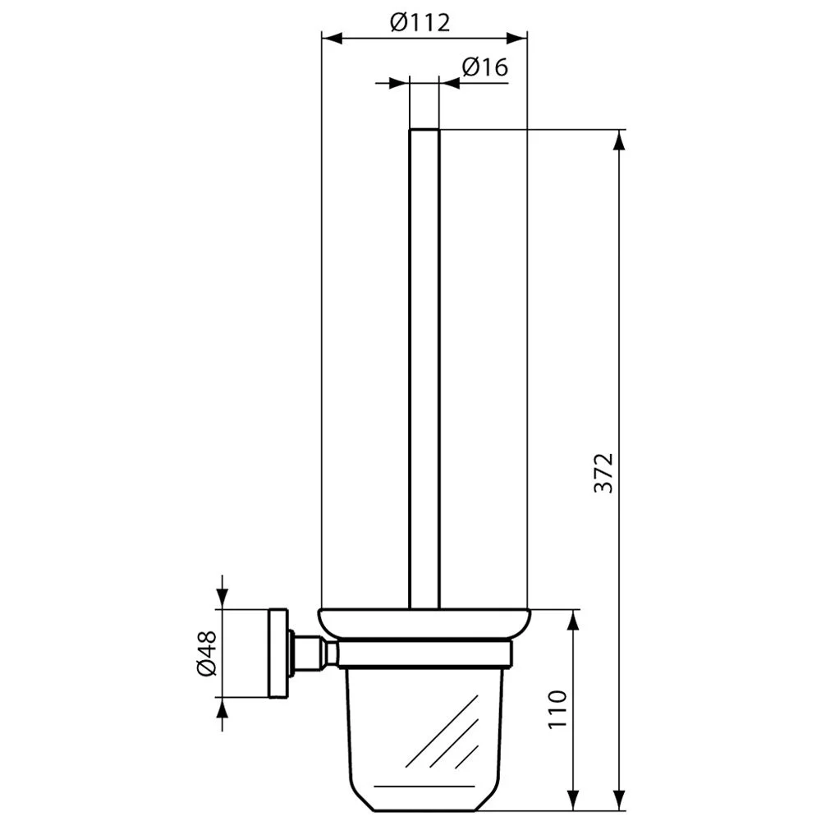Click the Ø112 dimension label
420,22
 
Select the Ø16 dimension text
484,67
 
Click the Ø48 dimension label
206,654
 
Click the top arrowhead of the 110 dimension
571,620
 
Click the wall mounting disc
278,654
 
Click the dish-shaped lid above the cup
425,623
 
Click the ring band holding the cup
425,654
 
